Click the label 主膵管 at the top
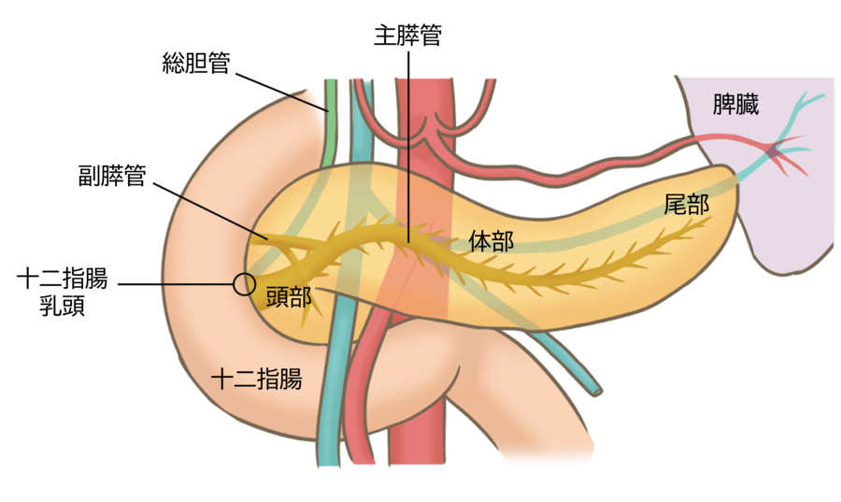pos(407,36)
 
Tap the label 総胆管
pos(195,65)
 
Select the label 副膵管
pos(113,175)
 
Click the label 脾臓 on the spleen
pos(735,104)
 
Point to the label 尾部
pos(686,206)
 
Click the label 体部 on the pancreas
pos(490,241)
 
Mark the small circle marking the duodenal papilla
pos(244,283)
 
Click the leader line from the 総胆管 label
pos(280,89)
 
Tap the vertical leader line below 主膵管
pos(407,140)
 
